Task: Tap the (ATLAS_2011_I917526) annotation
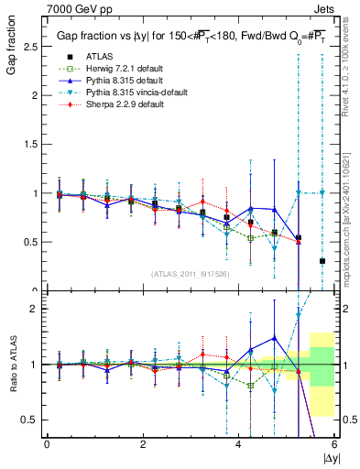[x=191, y=274]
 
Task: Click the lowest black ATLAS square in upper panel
[x=322, y=261]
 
